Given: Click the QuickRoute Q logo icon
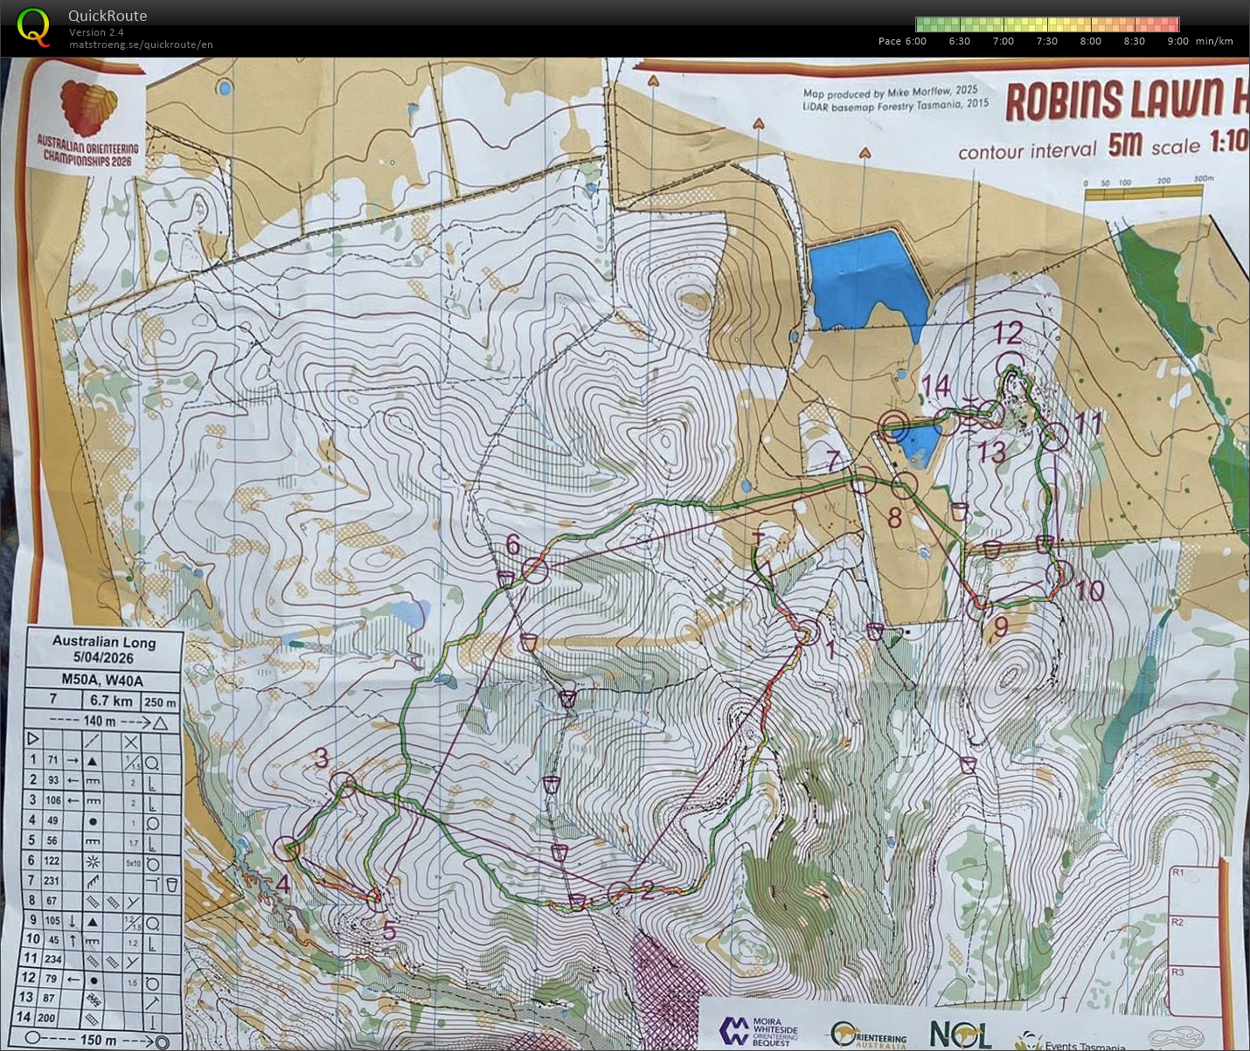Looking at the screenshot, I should pos(33,26).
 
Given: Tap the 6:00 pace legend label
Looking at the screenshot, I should pos(902,41).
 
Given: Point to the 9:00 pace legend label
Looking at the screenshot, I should pos(1177,41).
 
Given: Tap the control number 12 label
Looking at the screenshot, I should pos(1007,333).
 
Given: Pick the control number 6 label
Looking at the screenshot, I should pos(513,545).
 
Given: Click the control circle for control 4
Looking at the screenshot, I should pos(287,847).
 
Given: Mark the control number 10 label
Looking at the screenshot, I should pos(1089,591).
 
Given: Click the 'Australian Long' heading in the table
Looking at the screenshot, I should pos(103,641).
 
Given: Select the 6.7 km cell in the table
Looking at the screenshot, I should pos(111,701).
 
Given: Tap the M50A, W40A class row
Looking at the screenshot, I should pos(102,680).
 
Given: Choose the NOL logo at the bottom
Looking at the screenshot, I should pos(960,1034).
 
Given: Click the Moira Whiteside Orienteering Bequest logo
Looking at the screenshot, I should pos(759,1031).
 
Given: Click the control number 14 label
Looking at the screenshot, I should pos(935,385).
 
